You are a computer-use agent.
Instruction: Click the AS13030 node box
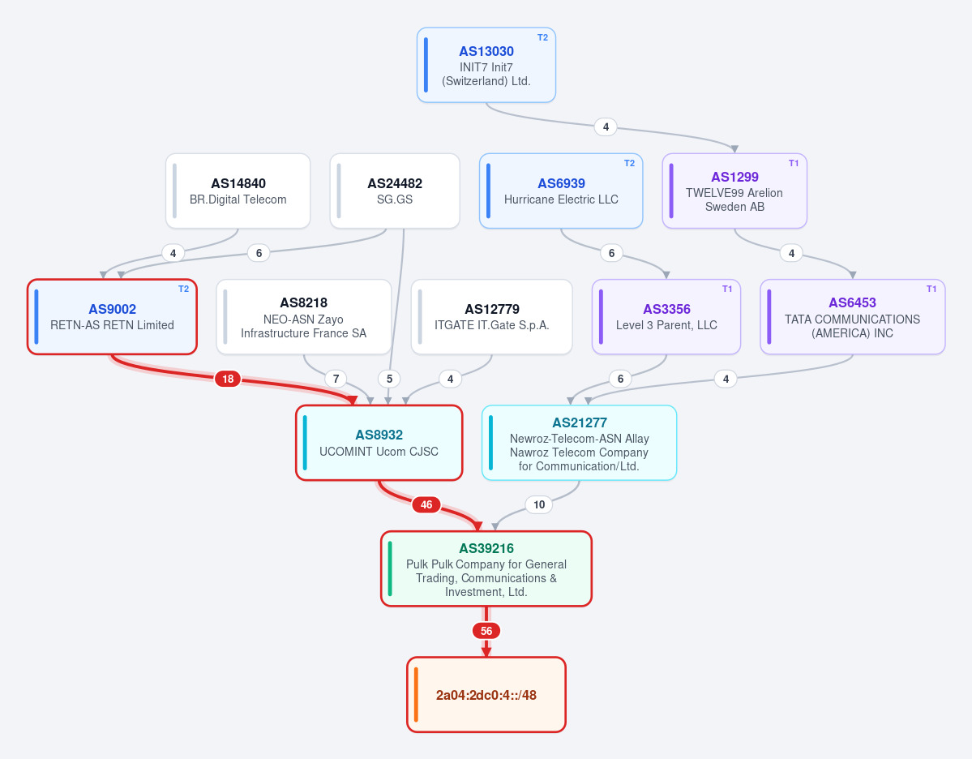486,65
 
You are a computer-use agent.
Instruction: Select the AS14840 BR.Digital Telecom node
238,191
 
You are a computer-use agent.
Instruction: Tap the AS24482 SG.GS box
395,191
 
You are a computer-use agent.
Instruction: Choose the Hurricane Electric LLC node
561,191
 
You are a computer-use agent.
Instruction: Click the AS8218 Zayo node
304,317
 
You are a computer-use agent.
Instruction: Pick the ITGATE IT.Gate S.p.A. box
491,317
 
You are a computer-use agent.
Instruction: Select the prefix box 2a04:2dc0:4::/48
486,694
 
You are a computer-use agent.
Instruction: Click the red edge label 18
228,379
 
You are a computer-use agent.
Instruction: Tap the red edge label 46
426,504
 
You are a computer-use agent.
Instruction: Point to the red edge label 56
486,631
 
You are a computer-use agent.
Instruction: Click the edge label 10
539,504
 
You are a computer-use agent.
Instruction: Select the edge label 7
336,379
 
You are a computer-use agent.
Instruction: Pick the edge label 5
389,379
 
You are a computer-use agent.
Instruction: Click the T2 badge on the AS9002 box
183,289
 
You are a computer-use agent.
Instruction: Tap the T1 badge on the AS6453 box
931,289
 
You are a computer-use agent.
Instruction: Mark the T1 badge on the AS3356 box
727,289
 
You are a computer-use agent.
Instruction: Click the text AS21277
580,423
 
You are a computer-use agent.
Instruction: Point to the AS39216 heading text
486,548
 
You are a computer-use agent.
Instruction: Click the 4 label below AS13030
606,127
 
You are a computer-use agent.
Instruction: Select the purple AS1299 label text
734,178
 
